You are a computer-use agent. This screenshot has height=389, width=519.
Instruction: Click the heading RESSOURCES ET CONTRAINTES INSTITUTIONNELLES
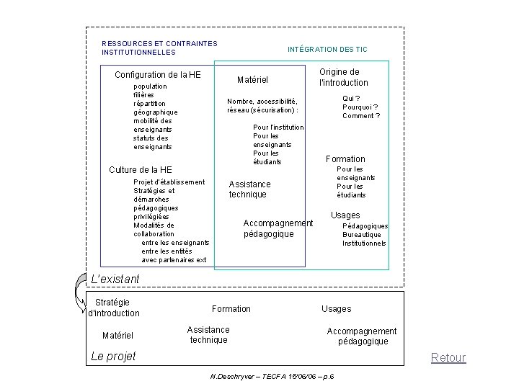coord(159,48)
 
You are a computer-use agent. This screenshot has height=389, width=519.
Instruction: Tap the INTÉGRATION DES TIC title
coord(327,49)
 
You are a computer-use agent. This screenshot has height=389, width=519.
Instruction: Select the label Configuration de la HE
coord(158,75)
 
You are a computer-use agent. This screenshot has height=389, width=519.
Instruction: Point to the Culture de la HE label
coord(140,169)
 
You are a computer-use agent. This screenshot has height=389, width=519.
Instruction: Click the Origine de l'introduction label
coord(338,77)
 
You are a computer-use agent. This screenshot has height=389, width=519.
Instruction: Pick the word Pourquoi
coord(360,107)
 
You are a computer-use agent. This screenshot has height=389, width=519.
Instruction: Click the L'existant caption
coord(115,279)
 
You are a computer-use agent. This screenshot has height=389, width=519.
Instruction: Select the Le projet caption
coord(113,356)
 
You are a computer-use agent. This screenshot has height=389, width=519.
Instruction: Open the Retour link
coord(448,357)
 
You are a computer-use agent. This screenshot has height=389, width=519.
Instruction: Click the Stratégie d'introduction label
coord(113,308)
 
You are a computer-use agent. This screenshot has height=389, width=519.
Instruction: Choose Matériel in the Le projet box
coord(117,335)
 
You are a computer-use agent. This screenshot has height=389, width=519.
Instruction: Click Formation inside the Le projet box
coord(231,309)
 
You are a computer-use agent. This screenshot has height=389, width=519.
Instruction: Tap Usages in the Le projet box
coord(336,309)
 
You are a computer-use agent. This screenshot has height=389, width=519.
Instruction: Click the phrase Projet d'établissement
coord(169,182)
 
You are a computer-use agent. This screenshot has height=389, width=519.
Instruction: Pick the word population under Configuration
coord(150,86)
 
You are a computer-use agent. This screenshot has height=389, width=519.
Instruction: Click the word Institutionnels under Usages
coord(364,243)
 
